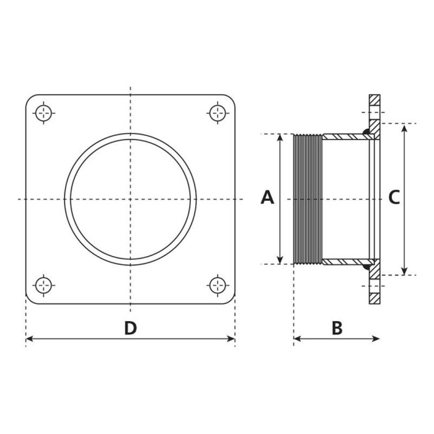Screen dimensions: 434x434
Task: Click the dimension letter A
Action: (x=267, y=197)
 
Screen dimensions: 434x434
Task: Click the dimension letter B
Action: (x=337, y=328)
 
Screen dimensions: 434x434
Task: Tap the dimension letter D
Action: (x=130, y=328)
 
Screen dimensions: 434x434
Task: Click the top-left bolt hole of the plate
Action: (x=43, y=113)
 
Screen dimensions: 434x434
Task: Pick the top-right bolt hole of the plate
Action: (x=217, y=113)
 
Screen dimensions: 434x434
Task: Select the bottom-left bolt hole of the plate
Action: (x=43, y=285)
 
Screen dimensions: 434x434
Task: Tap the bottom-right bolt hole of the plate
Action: (x=217, y=285)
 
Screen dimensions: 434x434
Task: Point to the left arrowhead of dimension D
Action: (x=29, y=339)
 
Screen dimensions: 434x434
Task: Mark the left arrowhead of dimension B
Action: (x=297, y=339)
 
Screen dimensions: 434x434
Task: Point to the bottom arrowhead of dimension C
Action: (x=404, y=271)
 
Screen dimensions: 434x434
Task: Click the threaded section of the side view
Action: (x=307, y=198)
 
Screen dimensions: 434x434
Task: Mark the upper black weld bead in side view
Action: (x=367, y=131)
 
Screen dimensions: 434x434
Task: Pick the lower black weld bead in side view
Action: (x=367, y=267)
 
